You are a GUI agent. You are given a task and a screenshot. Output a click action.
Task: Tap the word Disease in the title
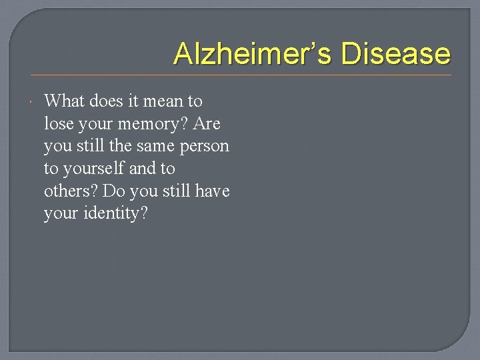(395, 54)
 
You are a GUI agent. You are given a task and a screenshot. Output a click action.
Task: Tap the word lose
(58, 124)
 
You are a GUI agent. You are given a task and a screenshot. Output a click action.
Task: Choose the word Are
(207, 124)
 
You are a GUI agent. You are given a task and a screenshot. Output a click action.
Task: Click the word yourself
(91, 169)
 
